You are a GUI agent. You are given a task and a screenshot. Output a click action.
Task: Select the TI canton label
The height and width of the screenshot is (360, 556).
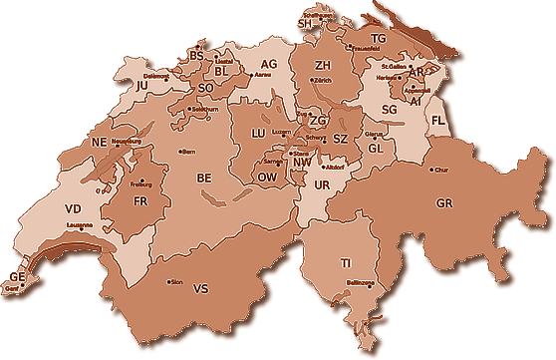tap(346, 263)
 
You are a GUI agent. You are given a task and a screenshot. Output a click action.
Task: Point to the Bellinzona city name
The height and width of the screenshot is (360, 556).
tap(360, 283)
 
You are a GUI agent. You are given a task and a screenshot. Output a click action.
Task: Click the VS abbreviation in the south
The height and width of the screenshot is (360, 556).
tap(200, 289)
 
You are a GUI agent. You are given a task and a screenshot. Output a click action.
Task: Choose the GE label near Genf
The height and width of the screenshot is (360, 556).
tap(15, 276)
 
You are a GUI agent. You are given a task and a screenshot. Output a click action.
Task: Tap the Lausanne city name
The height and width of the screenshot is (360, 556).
tap(80, 225)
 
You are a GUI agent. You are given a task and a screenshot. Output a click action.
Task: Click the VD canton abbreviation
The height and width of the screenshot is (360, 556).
tap(72, 209)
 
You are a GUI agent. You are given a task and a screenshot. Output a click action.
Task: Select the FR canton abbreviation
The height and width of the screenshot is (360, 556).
tap(140, 201)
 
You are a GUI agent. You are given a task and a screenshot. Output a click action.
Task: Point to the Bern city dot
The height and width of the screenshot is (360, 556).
tap(180, 151)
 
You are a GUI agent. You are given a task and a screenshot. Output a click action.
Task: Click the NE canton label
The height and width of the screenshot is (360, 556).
tap(99, 143)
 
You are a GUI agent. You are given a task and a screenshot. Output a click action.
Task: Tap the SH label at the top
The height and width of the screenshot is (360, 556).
tap(304, 23)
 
